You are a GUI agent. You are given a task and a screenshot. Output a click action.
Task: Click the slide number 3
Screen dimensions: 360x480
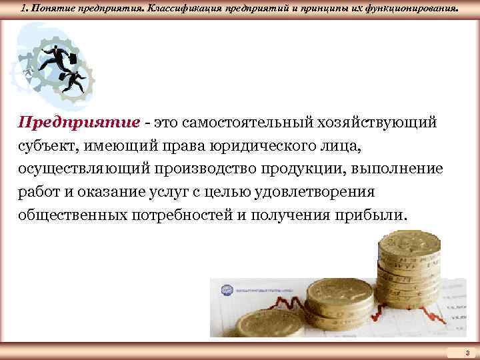click(467, 351)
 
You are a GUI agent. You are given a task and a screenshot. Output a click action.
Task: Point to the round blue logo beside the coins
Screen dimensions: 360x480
click(225, 291)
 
